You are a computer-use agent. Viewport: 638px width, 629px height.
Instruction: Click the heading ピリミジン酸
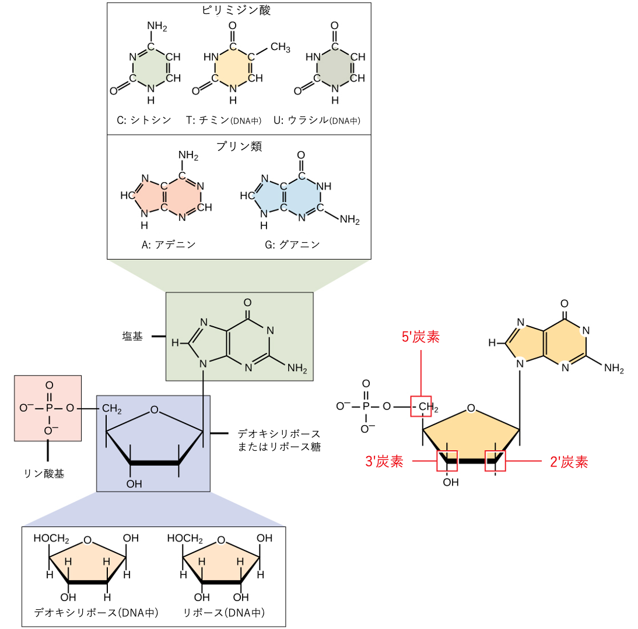pyautogui.click(x=236, y=10)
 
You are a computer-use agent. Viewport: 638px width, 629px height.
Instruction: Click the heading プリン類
pyautogui.click(x=239, y=146)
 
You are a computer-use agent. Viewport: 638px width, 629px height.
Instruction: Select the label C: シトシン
pyautogui.click(x=144, y=121)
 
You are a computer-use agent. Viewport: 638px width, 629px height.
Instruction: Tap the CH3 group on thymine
pyautogui.click(x=281, y=48)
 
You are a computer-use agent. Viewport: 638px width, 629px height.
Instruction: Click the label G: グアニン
pyautogui.click(x=292, y=245)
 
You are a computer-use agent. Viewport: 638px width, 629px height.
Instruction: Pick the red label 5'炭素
pyautogui.click(x=420, y=337)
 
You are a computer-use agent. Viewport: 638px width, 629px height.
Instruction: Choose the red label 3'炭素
pyautogui.click(x=384, y=462)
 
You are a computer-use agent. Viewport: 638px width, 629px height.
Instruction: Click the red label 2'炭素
pyautogui.click(x=569, y=462)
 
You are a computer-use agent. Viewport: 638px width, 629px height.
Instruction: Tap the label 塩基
pyautogui.click(x=132, y=337)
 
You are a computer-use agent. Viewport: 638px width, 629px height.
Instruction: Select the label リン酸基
pyautogui.click(x=44, y=473)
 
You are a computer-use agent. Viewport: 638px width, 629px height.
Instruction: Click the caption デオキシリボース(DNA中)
pyautogui.click(x=96, y=612)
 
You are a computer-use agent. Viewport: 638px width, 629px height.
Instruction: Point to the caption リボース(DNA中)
pyautogui.click(x=224, y=612)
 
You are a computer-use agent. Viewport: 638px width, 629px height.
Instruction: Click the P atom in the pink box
pyautogui.click(x=49, y=408)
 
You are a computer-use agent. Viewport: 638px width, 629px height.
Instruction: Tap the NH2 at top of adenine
pyautogui.click(x=188, y=156)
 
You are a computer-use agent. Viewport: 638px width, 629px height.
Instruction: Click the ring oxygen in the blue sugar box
pyautogui.click(x=154, y=409)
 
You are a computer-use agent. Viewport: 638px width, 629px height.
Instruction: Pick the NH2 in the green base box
pyautogui.click(x=297, y=369)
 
